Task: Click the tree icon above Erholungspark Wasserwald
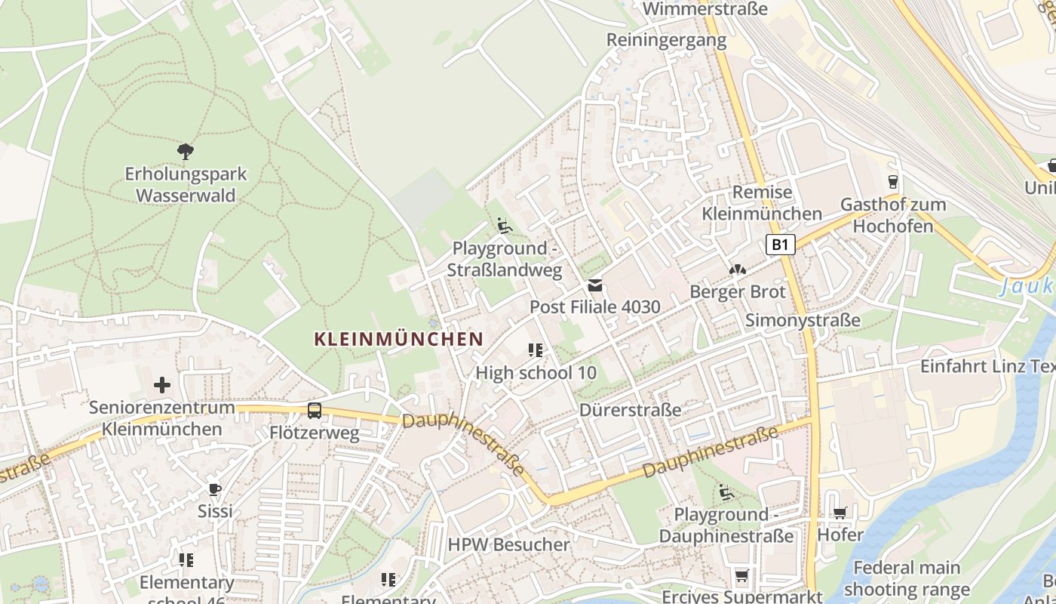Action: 186,151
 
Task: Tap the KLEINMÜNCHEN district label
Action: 398,339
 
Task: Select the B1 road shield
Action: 781,245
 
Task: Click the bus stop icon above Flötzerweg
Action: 315,411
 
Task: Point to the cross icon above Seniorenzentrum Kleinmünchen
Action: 162,386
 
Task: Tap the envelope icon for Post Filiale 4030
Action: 595,285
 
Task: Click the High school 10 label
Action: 536,372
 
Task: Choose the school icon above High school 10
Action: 536,350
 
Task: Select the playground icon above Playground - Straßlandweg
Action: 505,226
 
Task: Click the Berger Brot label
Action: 738,292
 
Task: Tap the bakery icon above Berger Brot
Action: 738,270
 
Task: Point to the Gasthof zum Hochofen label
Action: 893,215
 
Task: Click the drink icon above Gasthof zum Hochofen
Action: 893,181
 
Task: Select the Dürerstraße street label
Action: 631,410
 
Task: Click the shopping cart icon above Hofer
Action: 840,513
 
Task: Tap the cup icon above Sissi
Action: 215,489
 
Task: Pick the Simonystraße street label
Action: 803,320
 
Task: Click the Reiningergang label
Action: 666,40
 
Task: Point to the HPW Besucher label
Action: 509,544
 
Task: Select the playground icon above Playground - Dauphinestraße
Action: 726,492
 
